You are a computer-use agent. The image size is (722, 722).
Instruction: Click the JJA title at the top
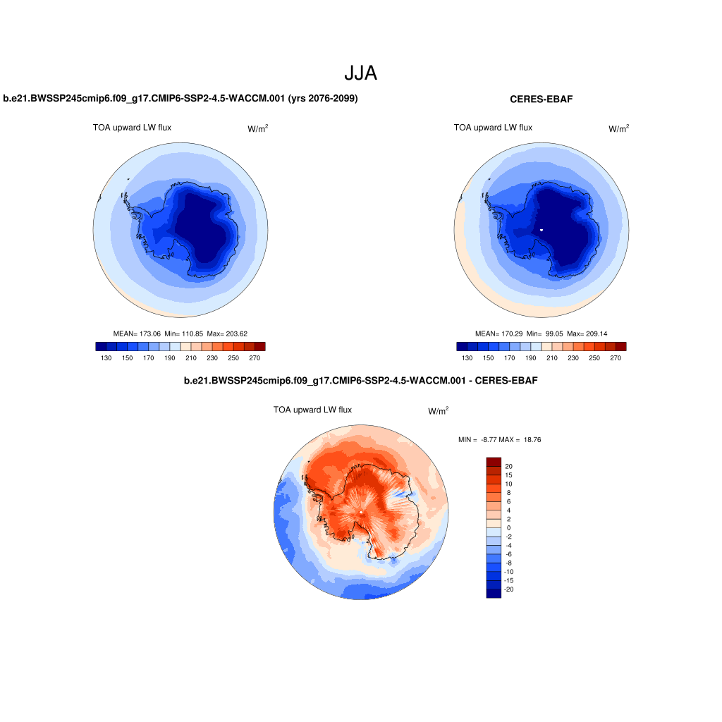[x=360, y=73]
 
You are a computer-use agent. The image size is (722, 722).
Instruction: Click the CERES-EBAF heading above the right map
[x=541, y=99]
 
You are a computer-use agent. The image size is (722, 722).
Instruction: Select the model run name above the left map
[x=180, y=99]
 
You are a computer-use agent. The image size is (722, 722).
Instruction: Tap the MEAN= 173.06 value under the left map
[x=137, y=334]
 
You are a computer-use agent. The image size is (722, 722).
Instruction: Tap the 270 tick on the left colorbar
[x=255, y=358]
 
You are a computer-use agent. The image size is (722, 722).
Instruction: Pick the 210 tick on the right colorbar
[x=552, y=358]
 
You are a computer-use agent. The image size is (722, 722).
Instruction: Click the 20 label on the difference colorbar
[x=508, y=466]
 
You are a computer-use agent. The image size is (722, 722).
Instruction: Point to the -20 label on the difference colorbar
[x=510, y=589]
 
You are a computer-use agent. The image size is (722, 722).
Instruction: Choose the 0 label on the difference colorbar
[x=508, y=527]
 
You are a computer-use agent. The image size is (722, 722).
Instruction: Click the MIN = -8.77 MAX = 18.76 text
[x=499, y=440]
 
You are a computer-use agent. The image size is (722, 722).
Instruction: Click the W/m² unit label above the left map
[x=257, y=128]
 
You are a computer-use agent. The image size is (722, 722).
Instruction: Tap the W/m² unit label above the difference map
[x=438, y=410]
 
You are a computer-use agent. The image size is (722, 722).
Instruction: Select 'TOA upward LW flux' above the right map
[x=493, y=128]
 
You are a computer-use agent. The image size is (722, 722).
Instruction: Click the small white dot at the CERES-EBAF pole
[x=541, y=230]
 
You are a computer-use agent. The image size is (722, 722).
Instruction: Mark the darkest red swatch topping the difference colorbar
[x=493, y=462]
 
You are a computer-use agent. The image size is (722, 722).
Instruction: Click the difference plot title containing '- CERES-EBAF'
[x=360, y=381]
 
